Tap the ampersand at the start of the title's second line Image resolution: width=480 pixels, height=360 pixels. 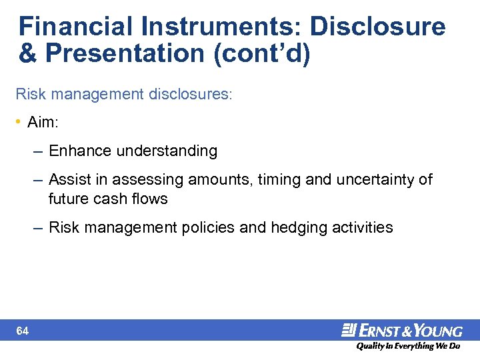(x=27, y=54)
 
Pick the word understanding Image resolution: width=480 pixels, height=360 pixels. (x=167, y=151)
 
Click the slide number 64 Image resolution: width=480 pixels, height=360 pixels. (x=23, y=331)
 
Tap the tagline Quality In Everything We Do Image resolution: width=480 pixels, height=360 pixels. (x=407, y=347)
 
